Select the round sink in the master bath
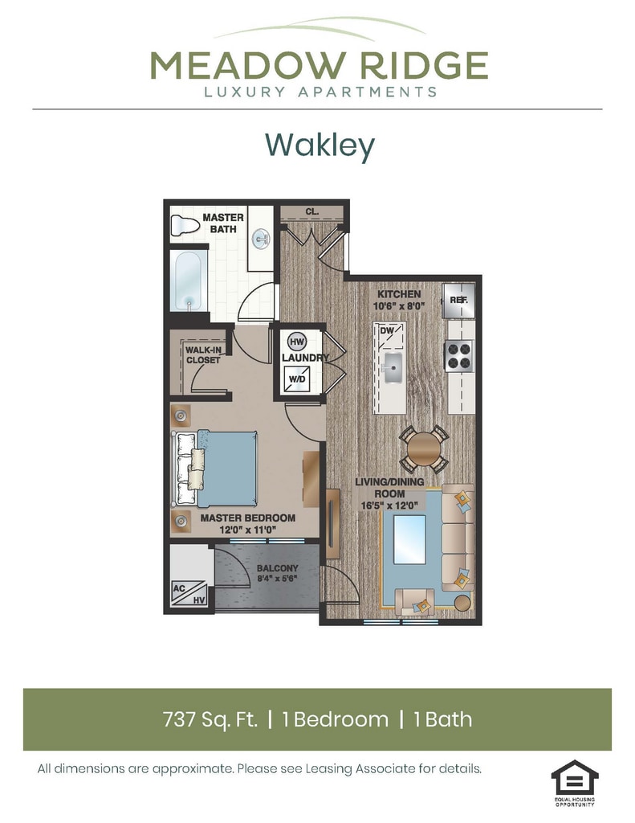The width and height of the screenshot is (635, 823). (261, 239)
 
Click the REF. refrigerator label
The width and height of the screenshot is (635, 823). (458, 300)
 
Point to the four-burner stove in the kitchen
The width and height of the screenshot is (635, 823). (458, 355)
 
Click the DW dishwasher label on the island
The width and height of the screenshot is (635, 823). (387, 331)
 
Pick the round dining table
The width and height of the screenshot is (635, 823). (425, 448)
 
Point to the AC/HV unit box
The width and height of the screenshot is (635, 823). (188, 593)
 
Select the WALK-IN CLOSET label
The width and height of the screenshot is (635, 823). (203, 355)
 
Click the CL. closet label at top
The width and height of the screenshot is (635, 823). (311, 212)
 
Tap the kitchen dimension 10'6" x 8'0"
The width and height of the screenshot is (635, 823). (398, 306)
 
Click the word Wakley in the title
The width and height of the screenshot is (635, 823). (320, 145)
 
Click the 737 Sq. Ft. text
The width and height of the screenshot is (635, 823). (211, 719)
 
